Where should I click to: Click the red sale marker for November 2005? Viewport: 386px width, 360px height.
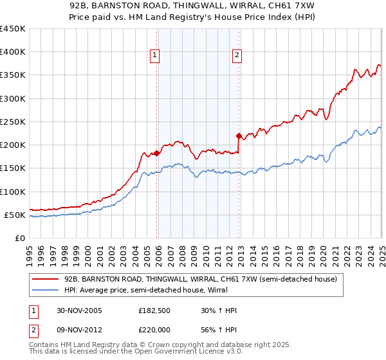click(156, 153)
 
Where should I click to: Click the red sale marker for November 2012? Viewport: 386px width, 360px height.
click(239, 136)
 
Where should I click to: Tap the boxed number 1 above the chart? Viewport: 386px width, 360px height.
click(156, 56)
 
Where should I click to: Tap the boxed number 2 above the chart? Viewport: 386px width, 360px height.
click(237, 56)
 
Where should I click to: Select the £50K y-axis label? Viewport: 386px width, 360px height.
click(15, 215)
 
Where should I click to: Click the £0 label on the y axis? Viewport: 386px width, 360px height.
click(20, 238)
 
